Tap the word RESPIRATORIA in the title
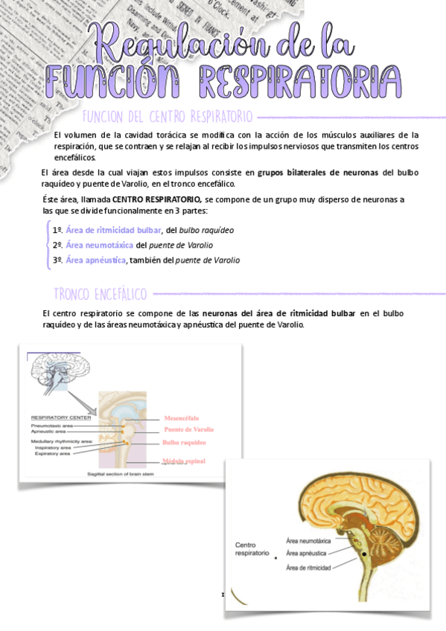(x=298, y=78)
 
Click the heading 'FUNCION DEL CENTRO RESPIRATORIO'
(x=168, y=117)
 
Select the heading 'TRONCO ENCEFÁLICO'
(x=101, y=293)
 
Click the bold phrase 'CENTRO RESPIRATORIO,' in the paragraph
(x=156, y=200)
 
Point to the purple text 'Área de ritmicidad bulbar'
(x=113, y=230)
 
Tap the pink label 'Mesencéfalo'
(x=182, y=417)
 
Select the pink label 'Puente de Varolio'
(x=188, y=429)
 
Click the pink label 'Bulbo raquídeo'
(x=184, y=443)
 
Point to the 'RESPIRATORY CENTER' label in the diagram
(x=61, y=417)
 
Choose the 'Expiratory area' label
(x=52, y=453)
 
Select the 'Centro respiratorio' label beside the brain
(x=251, y=549)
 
